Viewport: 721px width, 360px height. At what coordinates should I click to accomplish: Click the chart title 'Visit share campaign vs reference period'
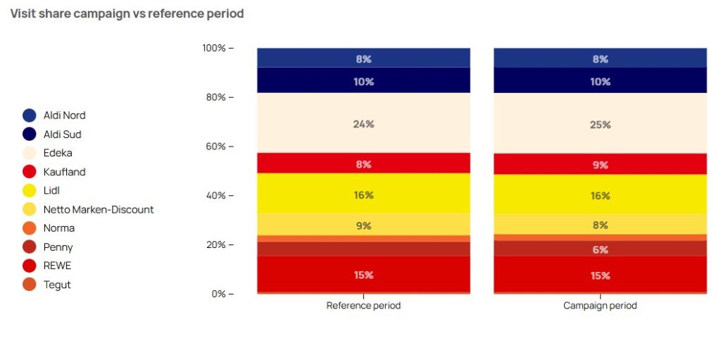[x=127, y=14]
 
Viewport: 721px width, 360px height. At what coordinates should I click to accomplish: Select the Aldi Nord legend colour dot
[x=30, y=115]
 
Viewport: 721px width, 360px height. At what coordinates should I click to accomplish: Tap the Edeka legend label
[x=58, y=153]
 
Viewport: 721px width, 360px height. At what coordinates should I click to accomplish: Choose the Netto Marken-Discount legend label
[x=99, y=209]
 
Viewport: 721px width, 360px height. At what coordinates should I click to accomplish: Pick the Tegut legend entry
[x=57, y=285]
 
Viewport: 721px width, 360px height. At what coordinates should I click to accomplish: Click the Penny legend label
[x=58, y=247]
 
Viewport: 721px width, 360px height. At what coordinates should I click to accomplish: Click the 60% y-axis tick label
[x=216, y=147]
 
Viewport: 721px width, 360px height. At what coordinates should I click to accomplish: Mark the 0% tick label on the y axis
[x=219, y=294]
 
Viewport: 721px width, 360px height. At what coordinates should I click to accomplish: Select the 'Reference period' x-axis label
[x=363, y=306]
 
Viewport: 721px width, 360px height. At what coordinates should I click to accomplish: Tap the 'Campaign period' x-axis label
[x=600, y=306]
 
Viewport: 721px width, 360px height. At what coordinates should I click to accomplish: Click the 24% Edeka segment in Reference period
[x=363, y=124]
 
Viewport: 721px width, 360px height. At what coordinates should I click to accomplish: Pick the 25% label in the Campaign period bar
[x=600, y=125]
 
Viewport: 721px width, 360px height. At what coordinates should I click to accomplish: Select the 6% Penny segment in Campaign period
[x=600, y=249]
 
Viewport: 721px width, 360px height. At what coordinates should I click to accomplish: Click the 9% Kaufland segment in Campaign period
[x=600, y=165]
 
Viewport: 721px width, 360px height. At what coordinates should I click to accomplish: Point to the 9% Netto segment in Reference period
[x=363, y=226]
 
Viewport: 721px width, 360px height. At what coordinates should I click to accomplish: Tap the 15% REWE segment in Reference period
[x=363, y=275]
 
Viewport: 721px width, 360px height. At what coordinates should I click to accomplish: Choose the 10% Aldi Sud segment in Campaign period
[x=600, y=82]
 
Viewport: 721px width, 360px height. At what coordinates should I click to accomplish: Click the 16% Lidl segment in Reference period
[x=363, y=195]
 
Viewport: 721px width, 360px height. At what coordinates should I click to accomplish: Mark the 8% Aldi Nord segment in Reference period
[x=363, y=59]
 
